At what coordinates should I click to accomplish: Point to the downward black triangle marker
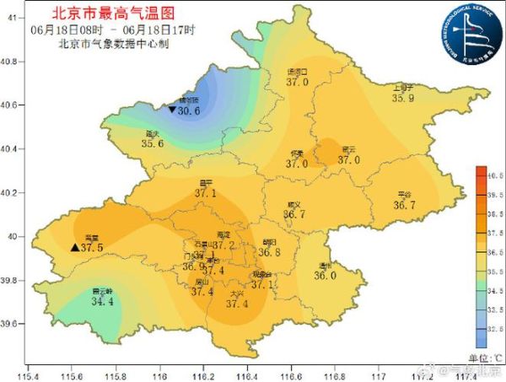[x=172, y=110]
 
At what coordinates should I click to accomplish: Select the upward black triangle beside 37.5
[x=74, y=248]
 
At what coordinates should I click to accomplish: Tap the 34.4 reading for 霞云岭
[x=102, y=301]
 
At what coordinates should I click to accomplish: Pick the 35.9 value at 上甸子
[x=404, y=98]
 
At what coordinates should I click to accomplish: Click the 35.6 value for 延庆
[x=153, y=143]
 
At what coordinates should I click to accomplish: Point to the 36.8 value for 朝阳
[x=269, y=251]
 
